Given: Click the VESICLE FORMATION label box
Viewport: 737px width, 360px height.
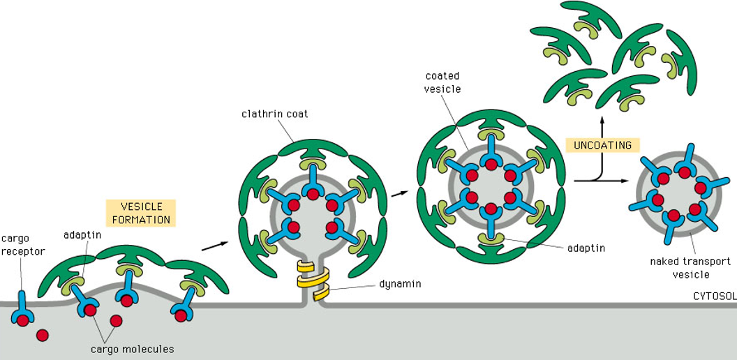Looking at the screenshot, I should (141, 213).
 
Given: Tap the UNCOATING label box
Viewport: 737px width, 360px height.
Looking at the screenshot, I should (602, 145).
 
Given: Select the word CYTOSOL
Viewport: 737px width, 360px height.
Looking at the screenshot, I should (714, 296).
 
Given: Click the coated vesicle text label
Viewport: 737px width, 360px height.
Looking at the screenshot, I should (441, 82).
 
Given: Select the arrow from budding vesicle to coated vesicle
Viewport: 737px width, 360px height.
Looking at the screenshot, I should (399, 191).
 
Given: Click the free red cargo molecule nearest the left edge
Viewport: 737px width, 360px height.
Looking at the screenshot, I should (43, 335).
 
